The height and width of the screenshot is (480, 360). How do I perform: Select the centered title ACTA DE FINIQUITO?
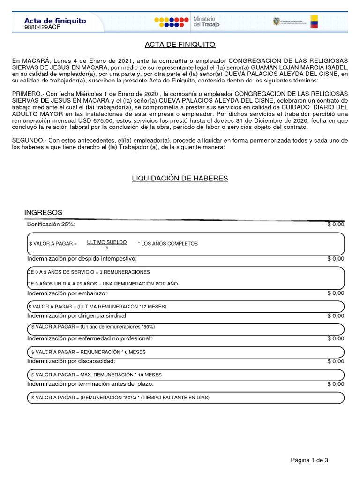[x=180, y=45]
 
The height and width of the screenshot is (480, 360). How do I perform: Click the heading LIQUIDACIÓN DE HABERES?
[x=180, y=178]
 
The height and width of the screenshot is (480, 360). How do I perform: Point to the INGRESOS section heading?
[x=43, y=213]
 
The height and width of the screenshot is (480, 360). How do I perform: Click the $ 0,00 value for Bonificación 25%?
[x=335, y=225]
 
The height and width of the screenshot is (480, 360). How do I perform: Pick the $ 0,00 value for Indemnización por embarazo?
[x=335, y=293]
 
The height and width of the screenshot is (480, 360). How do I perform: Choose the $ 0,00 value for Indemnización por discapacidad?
[x=335, y=361]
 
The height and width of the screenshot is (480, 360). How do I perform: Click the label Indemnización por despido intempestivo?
[x=82, y=259]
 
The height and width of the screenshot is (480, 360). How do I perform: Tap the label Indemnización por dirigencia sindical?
[x=77, y=316]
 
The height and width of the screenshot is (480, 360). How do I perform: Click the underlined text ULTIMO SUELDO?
[x=106, y=242]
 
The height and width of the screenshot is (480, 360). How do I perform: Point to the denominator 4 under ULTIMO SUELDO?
[x=106, y=247]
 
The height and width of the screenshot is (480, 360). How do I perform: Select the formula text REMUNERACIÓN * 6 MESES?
[x=113, y=352]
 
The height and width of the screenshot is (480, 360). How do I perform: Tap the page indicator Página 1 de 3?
[x=309, y=460]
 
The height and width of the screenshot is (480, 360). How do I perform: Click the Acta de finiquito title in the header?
[x=55, y=21]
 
